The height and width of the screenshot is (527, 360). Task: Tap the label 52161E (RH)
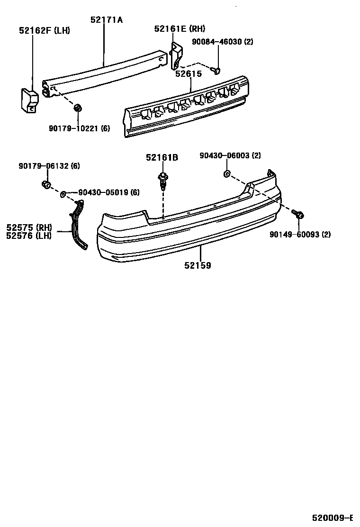[179, 29]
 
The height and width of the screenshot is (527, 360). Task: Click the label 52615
[188, 73]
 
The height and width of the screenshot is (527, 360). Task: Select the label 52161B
[162, 157]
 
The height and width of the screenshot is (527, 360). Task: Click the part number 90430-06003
[230, 155]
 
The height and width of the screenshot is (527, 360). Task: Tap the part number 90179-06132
[49, 166]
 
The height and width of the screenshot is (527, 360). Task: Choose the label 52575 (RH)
[28, 227]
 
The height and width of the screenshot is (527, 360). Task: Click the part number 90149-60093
[300, 234]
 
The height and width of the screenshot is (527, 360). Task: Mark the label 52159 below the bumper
[198, 265]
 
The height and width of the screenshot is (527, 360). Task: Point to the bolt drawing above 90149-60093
[298, 216]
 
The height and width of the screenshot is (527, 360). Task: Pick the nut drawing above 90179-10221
[78, 109]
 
